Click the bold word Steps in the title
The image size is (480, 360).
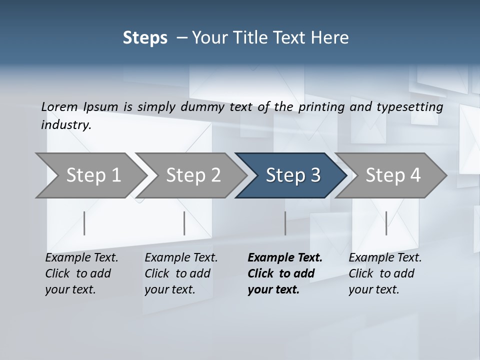[145, 38]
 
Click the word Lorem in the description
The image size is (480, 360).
[59, 106]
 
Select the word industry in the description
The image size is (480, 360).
[65, 124]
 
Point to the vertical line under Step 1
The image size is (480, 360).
[84, 223]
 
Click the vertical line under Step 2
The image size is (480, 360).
[184, 223]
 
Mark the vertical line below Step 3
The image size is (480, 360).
[285, 223]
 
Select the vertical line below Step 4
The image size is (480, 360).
[386, 223]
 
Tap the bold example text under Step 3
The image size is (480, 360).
[284, 273]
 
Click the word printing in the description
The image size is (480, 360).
[321, 107]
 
